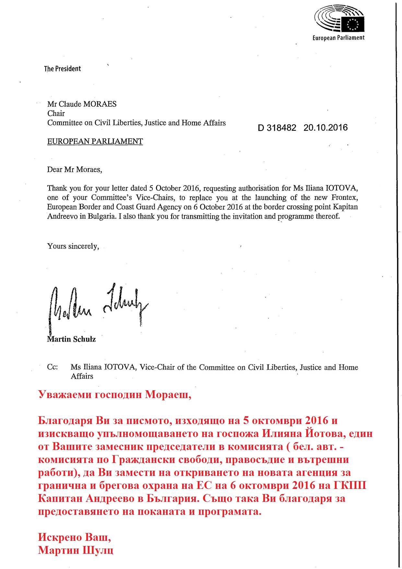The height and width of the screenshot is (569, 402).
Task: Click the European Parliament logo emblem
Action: [x=339, y=19]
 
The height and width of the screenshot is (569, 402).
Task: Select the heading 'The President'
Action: [x=62, y=69]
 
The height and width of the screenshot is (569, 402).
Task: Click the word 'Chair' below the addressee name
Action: [x=56, y=114]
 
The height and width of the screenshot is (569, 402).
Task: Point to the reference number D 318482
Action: [x=277, y=128]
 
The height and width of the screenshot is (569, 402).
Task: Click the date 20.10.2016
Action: [x=325, y=127]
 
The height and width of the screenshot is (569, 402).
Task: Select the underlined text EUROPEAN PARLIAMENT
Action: [x=95, y=141]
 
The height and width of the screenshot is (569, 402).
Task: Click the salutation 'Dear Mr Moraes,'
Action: [x=75, y=169]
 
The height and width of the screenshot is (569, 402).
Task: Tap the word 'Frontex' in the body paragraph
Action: [x=345, y=198]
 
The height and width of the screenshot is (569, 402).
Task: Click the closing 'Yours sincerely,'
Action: [x=73, y=246]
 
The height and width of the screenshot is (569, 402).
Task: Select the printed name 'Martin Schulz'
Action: [x=71, y=339]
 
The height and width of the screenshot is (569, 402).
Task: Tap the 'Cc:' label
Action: [x=53, y=367]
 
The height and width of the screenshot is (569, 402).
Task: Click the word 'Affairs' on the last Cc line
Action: [x=82, y=376]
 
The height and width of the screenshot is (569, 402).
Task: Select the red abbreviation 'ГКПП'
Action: [x=350, y=486]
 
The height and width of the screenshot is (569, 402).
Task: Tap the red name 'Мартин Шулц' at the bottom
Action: [x=76, y=550]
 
